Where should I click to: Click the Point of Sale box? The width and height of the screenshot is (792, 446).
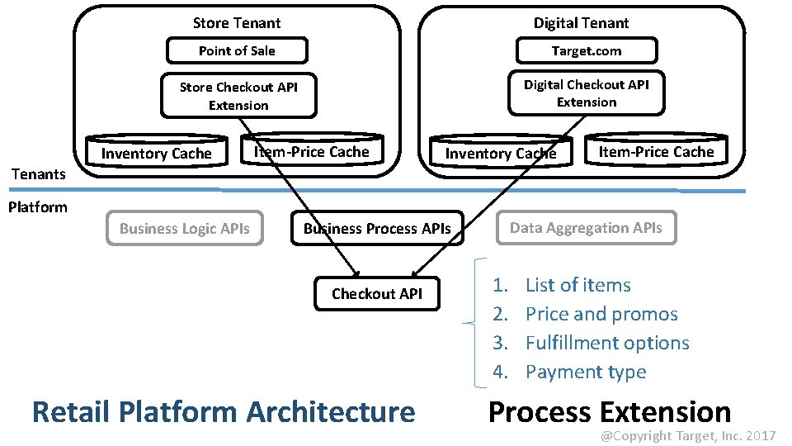click(x=237, y=51)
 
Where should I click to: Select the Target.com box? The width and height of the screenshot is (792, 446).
click(x=586, y=51)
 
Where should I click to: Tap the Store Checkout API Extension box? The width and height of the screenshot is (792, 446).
click(x=238, y=96)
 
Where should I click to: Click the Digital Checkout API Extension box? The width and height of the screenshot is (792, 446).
click(x=586, y=93)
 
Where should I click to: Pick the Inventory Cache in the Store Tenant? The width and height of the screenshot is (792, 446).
click(x=156, y=153)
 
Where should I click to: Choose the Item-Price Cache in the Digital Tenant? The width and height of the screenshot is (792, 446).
click(x=656, y=151)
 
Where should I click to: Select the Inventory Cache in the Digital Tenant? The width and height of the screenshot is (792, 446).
click(x=500, y=153)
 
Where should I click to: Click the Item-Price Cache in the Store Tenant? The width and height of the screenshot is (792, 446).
click(x=312, y=151)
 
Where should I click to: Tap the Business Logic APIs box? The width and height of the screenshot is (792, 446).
click(x=184, y=229)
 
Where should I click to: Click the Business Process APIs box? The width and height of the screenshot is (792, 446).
click(x=377, y=229)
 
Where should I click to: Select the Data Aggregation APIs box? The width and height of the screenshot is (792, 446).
click(x=586, y=228)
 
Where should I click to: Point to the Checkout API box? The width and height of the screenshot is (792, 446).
click(x=376, y=293)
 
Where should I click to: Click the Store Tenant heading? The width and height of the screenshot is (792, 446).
click(x=236, y=23)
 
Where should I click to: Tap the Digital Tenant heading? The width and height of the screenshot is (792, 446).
click(x=581, y=23)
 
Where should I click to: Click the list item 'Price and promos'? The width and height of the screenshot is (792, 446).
click(x=601, y=314)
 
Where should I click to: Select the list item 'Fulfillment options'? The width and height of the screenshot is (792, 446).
click(x=607, y=343)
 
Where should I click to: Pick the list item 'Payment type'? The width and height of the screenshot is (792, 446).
click(x=586, y=372)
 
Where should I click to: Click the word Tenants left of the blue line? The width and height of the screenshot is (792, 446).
click(x=37, y=173)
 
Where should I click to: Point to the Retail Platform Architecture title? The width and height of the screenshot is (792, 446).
click(x=223, y=411)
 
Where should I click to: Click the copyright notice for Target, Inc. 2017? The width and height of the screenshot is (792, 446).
click(x=687, y=435)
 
